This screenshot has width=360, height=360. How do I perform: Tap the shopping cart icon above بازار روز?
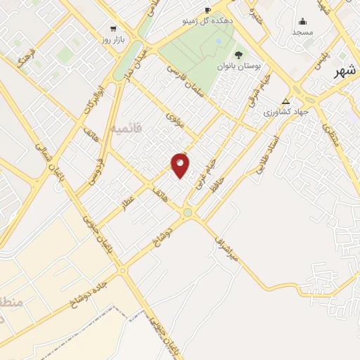(x=113, y=29)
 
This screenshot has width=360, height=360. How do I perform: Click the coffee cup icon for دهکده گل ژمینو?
(x=207, y=9)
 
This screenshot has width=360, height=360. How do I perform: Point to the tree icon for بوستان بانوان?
(x=238, y=54)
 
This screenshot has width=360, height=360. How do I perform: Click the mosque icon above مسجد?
(x=302, y=21)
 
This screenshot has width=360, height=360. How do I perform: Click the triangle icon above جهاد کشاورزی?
(x=285, y=101)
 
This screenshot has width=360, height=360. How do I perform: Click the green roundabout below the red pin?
(x=188, y=212)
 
